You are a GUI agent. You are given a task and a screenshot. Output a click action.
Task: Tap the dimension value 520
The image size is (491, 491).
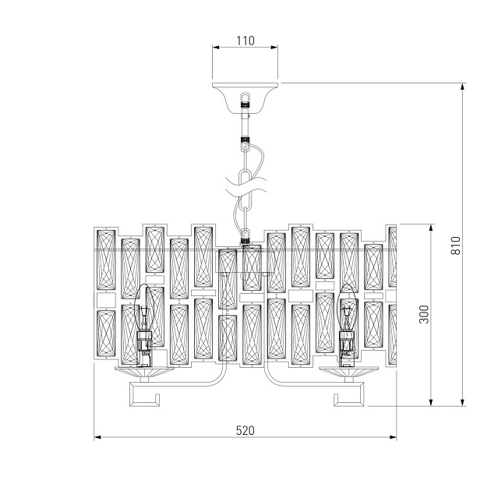point(245,430)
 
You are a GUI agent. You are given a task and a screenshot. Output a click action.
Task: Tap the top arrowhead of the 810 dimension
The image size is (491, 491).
point(465,87)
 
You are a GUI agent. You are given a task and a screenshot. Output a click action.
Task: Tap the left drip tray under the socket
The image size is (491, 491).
point(143,372)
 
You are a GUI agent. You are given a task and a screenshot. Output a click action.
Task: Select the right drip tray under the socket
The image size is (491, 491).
point(347,372)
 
